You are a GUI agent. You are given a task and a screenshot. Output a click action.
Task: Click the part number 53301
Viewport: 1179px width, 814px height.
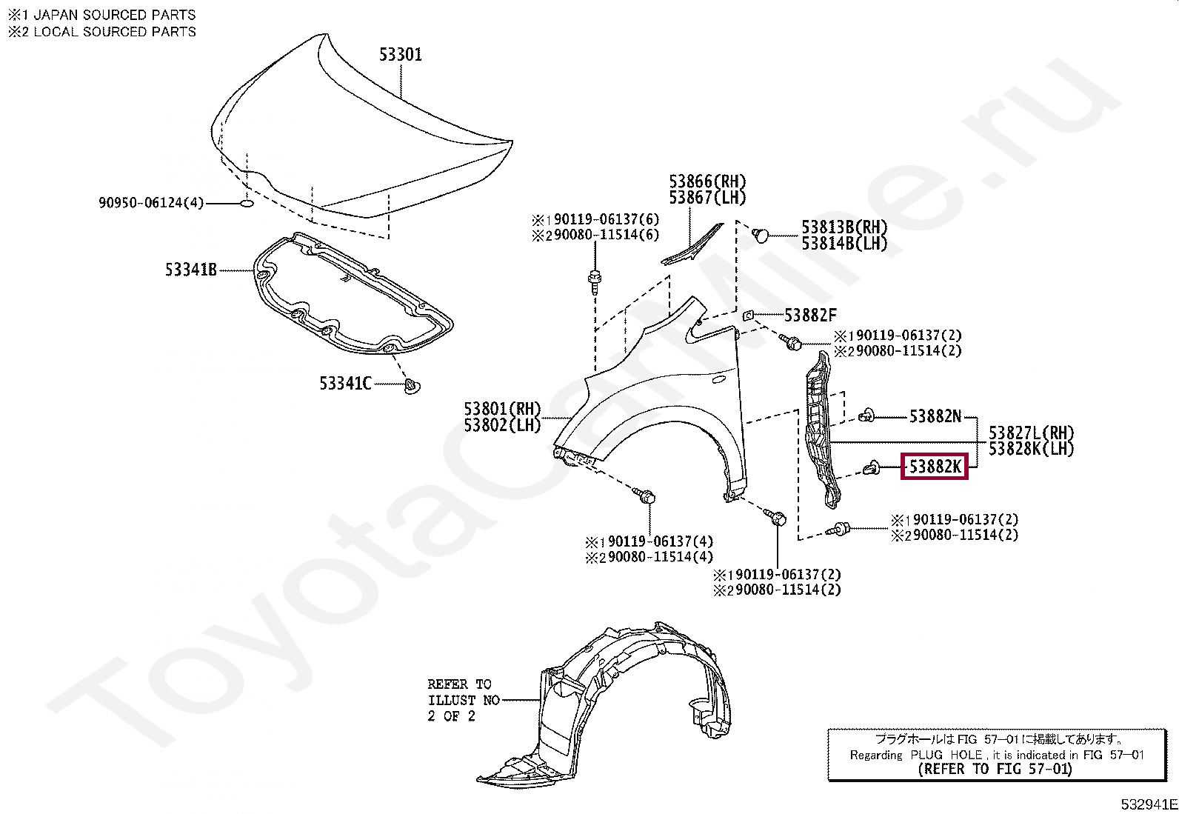pyautogui.click(x=401, y=54)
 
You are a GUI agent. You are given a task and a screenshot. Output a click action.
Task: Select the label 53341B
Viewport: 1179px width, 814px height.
pyautogui.click(x=191, y=270)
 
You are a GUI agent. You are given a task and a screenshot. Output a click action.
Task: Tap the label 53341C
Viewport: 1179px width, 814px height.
pyautogui.click(x=346, y=383)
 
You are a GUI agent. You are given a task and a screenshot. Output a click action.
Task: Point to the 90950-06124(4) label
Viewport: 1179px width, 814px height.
pyautogui.click(x=150, y=202)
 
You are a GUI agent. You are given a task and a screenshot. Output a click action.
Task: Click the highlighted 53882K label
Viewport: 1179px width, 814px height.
pyautogui.click(x=935, y=467)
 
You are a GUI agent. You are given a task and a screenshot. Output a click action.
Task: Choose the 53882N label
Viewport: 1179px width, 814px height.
pyautogui.click(x=935, y=417)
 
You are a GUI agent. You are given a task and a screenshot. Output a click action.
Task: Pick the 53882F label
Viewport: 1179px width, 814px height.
pyautogui.click(x=810, y=316)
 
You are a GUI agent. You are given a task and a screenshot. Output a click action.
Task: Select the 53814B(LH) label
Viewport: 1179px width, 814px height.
pyautogui.click(x=844, y=244)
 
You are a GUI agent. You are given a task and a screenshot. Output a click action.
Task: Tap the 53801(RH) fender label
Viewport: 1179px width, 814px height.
pyautogui.click(x=503, y=409)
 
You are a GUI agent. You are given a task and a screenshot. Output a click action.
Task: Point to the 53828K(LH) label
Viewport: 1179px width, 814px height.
pyautogui.click(x=1031, y=449)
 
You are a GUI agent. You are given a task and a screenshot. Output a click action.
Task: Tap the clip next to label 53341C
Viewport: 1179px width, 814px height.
pyautogui.click(x=413, y=385)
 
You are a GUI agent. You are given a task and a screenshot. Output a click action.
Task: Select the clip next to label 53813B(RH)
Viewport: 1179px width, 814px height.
pyautogui.click(x=760, y=234)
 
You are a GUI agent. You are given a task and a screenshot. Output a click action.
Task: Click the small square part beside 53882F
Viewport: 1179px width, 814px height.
pyautogui.click(x=749, y=316)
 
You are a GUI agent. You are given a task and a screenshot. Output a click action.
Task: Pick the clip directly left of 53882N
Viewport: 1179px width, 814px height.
pyautogui.click(x=865, y=416)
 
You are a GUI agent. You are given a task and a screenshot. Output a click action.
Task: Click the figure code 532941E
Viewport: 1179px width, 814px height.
pyautogui.click(x=1149, y=804)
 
